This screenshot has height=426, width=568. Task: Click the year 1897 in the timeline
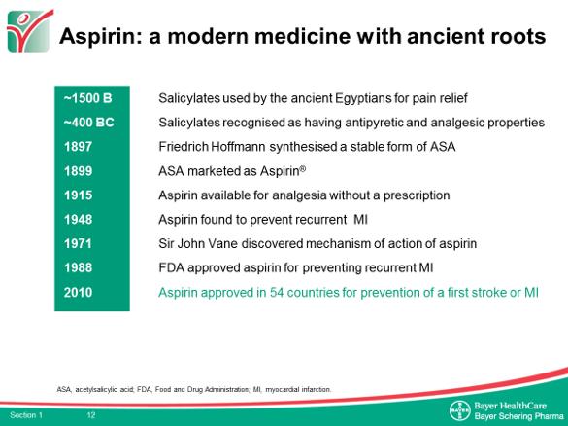[x=78, y=147]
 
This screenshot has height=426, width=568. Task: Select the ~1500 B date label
[x=88, y=98]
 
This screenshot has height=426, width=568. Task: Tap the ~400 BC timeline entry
[x=89, y=123]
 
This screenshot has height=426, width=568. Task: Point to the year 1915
[x=79, y=195]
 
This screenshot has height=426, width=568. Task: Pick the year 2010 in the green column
[x=79, y=292]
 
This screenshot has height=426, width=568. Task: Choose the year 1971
[x=78, y=243]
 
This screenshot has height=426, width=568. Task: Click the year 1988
[x=79, y=267]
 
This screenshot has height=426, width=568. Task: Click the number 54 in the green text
[x=277, y=292]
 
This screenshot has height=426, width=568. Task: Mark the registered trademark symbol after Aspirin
[x=303, y=168]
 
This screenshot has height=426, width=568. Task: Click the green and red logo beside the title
[x=30, y=31]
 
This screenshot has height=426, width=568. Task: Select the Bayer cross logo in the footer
[x=459, y=410]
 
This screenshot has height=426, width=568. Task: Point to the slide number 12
[x=91, y=414]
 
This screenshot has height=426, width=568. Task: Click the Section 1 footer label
[x=26, y=415]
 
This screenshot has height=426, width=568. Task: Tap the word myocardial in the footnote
[x=283, y=390]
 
